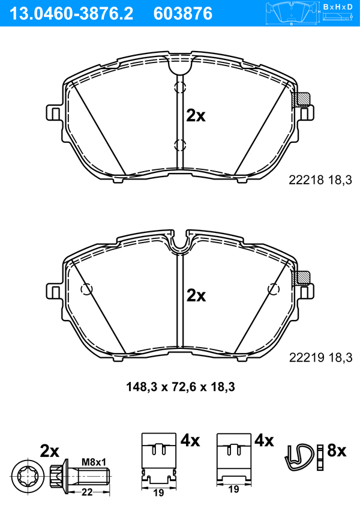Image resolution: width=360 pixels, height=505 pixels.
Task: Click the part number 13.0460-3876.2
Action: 71,14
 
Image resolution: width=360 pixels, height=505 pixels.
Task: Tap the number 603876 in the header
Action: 183,14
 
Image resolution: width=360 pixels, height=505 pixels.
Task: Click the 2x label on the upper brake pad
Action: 196,116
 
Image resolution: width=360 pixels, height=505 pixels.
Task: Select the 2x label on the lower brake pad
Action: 196,295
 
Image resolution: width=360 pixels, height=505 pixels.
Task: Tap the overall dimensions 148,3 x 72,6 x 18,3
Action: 181,387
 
